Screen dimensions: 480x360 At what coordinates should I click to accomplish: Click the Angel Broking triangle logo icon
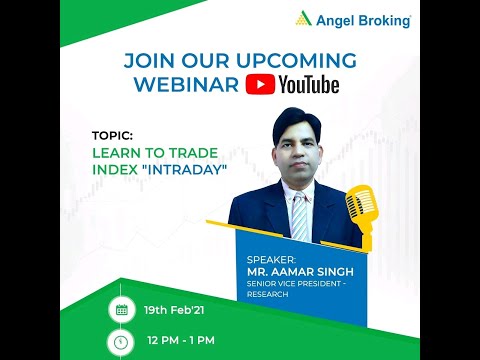tap(303, 18)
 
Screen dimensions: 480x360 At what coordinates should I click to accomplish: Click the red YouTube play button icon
tap(260, 85)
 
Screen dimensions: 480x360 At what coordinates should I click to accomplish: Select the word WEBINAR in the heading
tap(186, 84)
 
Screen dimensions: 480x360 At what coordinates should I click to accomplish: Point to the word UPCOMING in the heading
tap(296, 61)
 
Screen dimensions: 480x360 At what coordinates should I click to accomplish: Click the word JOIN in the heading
tap(149, 61)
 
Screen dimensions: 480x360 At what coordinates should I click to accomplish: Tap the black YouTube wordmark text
tap(309, 85)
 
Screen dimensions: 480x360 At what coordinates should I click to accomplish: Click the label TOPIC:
tap(112, 136)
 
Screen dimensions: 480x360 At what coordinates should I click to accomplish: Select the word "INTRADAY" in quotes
tap(184, 170)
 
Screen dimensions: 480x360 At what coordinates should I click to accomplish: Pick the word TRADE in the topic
tap(193, 153)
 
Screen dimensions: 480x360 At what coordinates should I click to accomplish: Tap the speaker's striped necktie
tap(299, 216)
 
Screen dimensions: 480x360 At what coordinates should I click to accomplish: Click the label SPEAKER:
tap(271, 260)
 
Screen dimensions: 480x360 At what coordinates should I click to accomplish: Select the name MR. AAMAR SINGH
tap(300, 272)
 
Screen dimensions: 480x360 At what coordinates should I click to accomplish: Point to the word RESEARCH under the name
tap(267, 294)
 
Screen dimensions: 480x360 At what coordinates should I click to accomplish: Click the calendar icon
tap(122, 310)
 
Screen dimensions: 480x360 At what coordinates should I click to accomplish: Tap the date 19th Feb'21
tap(174, 310)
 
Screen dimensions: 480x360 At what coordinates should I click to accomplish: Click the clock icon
tap(121, 342)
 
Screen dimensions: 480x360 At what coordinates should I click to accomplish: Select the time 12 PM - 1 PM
tap(181, 341)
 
